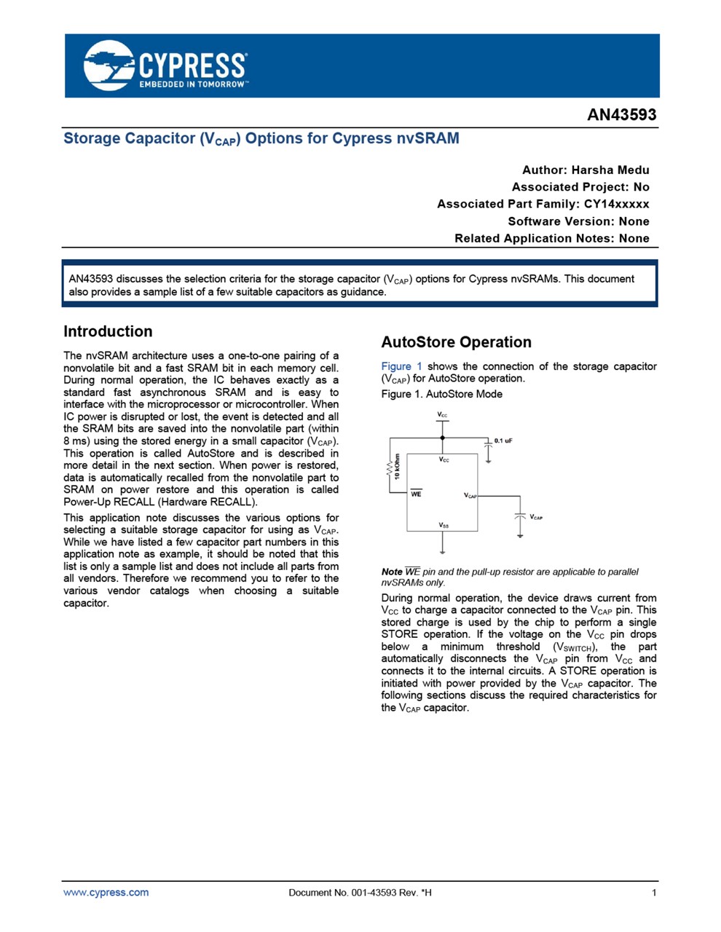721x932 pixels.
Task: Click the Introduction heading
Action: click(x=108, y=332)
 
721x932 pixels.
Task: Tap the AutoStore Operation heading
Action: click(x=456, y=342)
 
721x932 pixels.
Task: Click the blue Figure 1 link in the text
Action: click(x=401, y=366)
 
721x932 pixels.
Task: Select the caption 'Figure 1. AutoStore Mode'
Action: click(x=441, y=394)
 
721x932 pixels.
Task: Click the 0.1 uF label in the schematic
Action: click(x=503, y=441)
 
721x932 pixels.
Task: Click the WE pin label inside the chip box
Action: click(x=416, y=494)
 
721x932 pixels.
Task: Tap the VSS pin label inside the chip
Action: click(x=443, y=525)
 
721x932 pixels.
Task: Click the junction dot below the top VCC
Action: click(x=442, y=438)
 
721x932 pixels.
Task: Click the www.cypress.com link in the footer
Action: click(x=106, y=893)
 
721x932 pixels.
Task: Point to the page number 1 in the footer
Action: click(x=654, y=893)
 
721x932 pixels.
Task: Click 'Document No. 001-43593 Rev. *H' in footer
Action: click(x=360, y=893)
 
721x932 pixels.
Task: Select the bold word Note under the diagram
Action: click(x=391, y=572)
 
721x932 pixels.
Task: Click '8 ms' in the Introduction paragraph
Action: click(x=74, y=441)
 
